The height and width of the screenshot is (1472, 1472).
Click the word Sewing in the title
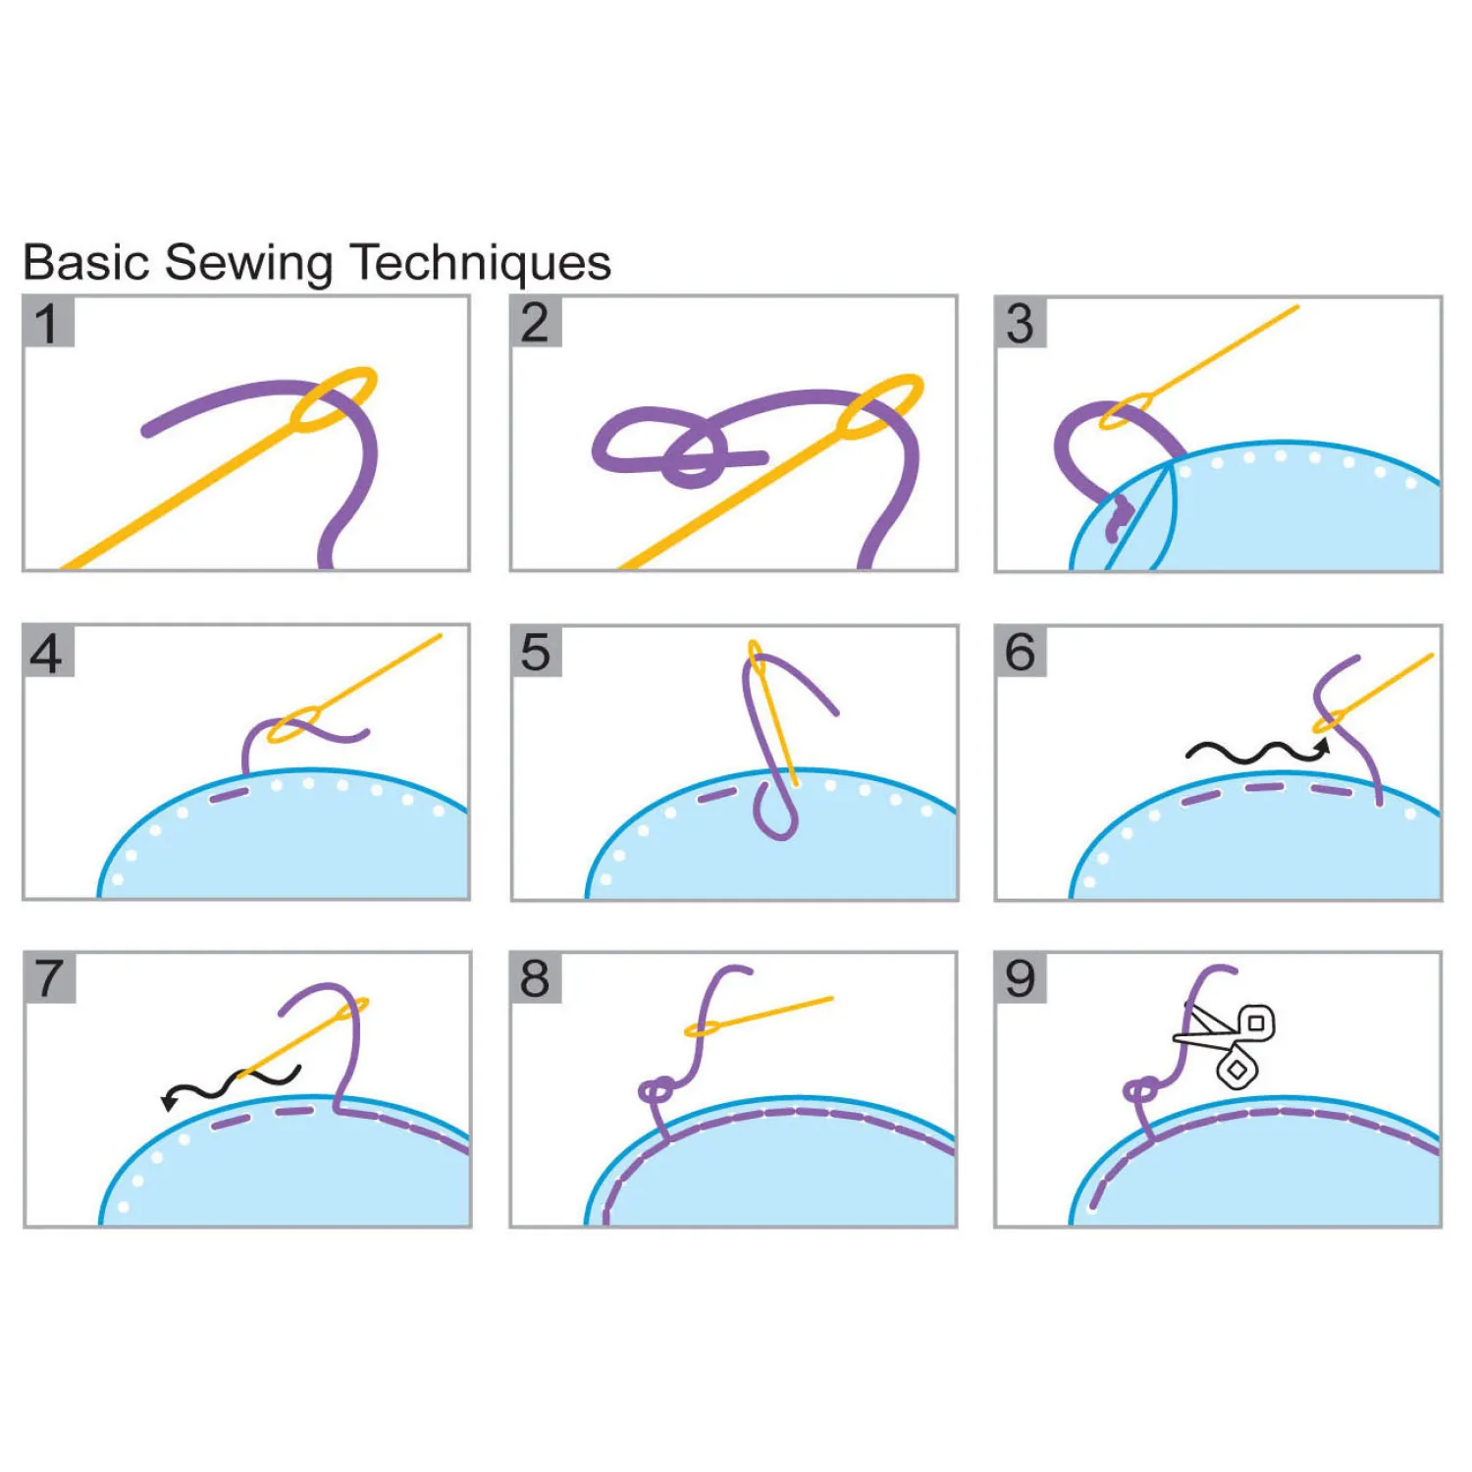(249, 264)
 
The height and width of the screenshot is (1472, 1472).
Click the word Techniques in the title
(480, 262)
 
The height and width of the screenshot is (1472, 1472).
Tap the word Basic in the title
(86, 262)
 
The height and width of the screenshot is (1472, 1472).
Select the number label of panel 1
(48, 322)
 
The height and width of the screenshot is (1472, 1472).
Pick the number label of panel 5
(536, 652)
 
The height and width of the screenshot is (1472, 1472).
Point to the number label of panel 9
(1021, 978)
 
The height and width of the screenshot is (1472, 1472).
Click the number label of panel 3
(1021, 323)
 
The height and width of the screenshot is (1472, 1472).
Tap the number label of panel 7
(49, 978)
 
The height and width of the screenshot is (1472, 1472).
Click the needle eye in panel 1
(334, 399)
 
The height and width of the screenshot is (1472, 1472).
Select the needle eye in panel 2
(880, 406)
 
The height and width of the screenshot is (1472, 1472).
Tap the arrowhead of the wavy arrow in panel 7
(170, 1101)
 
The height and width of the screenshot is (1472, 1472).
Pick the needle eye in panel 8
(703, 1028)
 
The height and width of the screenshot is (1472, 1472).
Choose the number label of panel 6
(1021, 652)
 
